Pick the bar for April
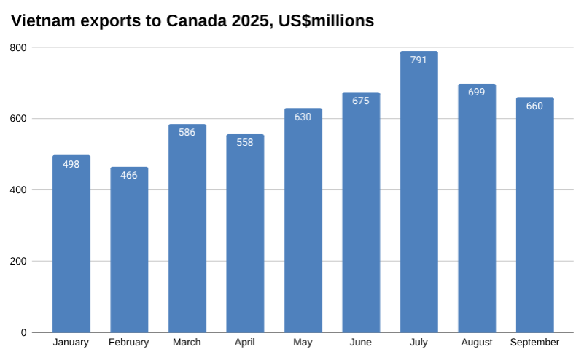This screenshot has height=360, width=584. pos(245,233)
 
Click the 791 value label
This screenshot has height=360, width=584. pos(418,60)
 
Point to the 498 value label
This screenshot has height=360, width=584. pos(71,164)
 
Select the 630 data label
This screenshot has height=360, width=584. pos(303,117)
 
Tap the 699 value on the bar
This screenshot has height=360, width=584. pos(476,93)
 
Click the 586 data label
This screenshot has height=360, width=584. pos(187,133)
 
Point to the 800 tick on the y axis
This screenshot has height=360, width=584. pos(18,48)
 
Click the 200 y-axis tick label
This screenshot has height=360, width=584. pos(18,261)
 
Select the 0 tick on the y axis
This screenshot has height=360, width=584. pos(23,332)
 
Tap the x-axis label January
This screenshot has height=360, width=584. pos(71,343)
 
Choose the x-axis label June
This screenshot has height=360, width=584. pos(360,343)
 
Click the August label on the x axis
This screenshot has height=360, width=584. pos(476,343)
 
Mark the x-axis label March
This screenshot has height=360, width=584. pos(187,343)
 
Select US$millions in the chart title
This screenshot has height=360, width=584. pos(323,21)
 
